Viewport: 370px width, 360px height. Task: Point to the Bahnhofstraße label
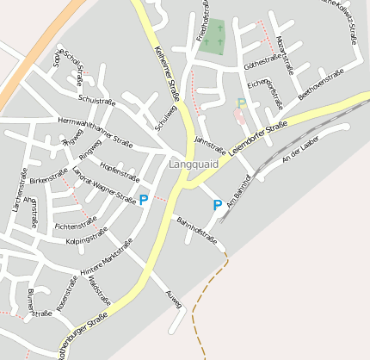tap(197, 233)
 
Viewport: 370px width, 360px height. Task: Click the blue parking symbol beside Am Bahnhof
tap(218, 206)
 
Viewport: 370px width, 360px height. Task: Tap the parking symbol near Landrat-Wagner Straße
tap(144, 199)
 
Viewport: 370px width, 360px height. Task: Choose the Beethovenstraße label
tap(321, 85)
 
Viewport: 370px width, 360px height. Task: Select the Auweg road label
tap(172, 299)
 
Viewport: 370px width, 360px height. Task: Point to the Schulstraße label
tap(96, 102)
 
